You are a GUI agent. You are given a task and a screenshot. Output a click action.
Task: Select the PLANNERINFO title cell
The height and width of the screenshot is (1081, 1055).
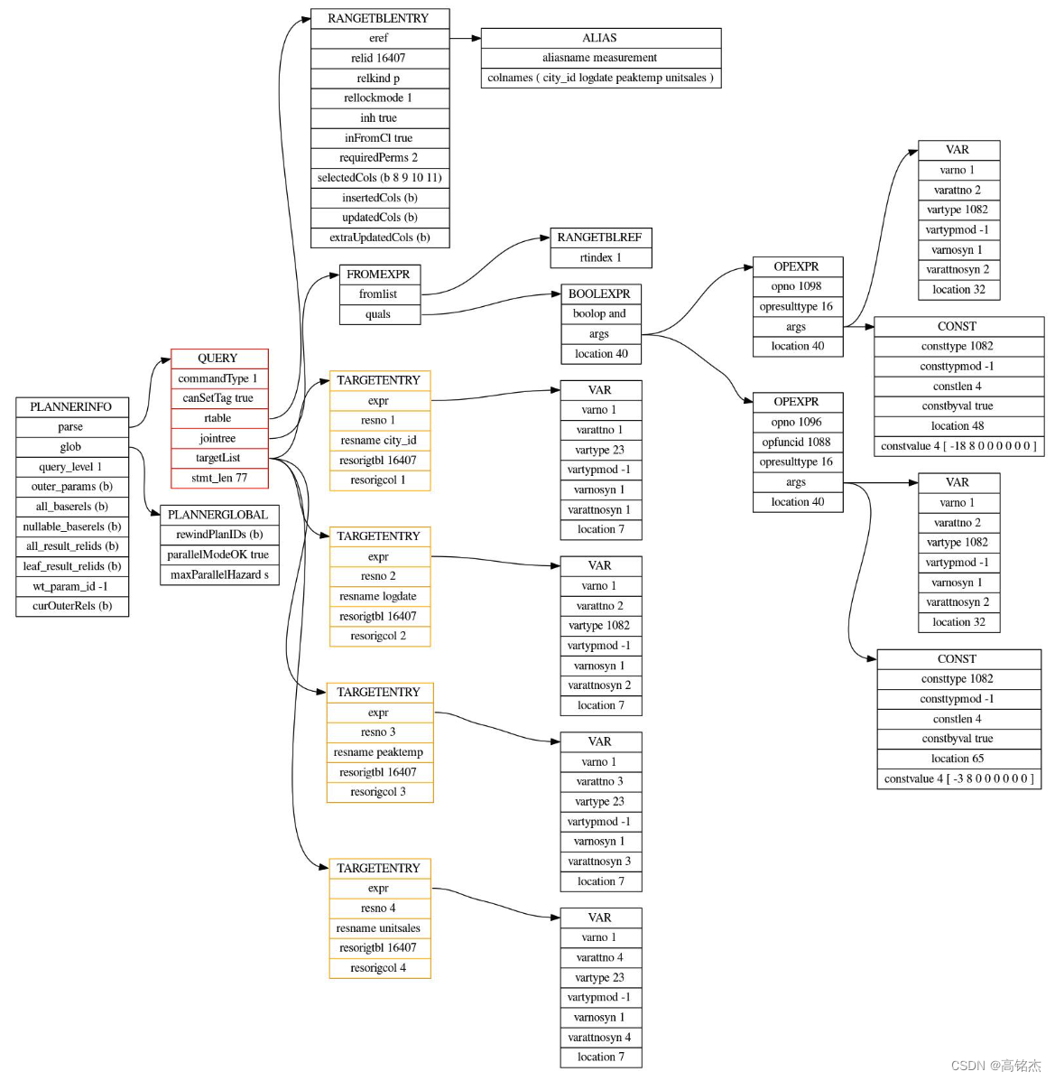click(x=71, y=406)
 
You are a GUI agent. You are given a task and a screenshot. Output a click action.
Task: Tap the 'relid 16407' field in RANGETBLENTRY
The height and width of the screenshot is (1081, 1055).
click(x=380, y=58)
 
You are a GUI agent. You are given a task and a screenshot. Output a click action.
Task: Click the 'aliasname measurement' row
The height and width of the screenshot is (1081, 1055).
click(x=600, y=58)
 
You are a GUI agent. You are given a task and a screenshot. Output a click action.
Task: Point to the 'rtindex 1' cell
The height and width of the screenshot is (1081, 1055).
click(x=601, y=257)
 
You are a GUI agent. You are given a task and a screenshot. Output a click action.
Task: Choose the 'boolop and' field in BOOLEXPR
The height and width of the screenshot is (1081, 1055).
click(x=600, y=313)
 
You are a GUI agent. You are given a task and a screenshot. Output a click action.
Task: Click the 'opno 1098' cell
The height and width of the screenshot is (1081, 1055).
click(x=797, y=286)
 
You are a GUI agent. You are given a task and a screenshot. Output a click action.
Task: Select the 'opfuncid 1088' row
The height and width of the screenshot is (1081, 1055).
click(x=797, y=442)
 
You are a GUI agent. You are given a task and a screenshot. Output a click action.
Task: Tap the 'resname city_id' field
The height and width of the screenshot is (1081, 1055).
click(x=380, y=440)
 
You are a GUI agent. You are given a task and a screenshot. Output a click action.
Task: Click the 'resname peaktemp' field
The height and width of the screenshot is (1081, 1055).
click(x=380, y=752)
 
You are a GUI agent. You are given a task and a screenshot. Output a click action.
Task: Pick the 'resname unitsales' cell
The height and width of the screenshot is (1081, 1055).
click(x=380, y=928)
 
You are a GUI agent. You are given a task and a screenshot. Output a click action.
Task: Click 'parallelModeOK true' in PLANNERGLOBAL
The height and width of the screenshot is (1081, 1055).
click(x=219, y=554)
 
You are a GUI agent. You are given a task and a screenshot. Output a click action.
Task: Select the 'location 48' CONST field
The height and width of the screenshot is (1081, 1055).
click(x=958, y=426)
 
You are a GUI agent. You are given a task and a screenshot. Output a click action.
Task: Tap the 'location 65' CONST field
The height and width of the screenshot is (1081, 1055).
click(x=958, y=759)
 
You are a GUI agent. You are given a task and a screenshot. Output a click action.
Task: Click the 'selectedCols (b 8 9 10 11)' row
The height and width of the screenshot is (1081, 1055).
click(x=380, y=177)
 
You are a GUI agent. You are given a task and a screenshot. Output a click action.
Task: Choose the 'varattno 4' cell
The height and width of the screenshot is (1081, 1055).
click(x=601, y=957)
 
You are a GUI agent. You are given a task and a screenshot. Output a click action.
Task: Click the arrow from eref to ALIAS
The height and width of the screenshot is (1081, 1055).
click(x=465, y=39)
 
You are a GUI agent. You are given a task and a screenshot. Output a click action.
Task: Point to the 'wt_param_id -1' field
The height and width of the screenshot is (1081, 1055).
click(x=71, y=586)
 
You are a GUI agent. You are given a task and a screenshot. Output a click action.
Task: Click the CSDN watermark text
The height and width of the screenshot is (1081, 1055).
click(x=995, y=1066)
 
